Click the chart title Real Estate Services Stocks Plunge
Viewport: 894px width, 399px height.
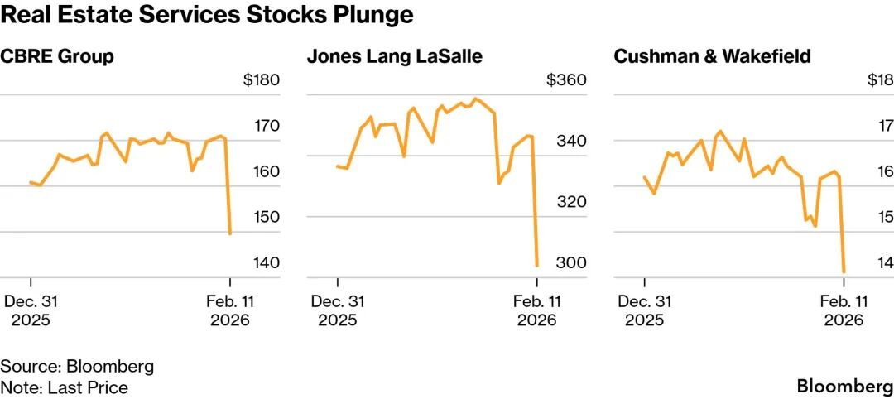tap(207, 16)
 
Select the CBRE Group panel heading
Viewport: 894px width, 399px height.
tap(57, 57)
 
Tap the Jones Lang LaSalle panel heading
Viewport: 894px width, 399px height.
tap(394, 57)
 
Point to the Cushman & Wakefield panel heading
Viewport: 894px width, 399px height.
tap(712, 57)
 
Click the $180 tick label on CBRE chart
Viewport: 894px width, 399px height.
tap(262, 81)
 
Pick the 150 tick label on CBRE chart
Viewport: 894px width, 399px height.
tap(268, 217)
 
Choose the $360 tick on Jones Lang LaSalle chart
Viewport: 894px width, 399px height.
tap(567, 81)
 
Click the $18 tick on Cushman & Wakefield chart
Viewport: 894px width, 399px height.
tap(879, 81)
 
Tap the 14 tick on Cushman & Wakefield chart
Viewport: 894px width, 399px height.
tap(884, 262)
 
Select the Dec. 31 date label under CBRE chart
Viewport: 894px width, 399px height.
tap(31, 302)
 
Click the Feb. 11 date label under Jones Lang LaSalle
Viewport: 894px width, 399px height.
tap(537, 302)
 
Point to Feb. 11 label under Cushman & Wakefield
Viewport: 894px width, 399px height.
tap(844, 302)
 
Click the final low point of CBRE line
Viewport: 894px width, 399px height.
tap(230, 233)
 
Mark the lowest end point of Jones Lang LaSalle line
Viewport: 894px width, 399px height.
tap(537, 266)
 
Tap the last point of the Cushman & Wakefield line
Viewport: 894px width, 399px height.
tap(844, 272)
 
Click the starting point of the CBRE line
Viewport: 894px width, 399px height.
tap(31, 182)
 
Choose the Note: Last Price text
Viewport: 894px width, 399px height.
tap(65, 387)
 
